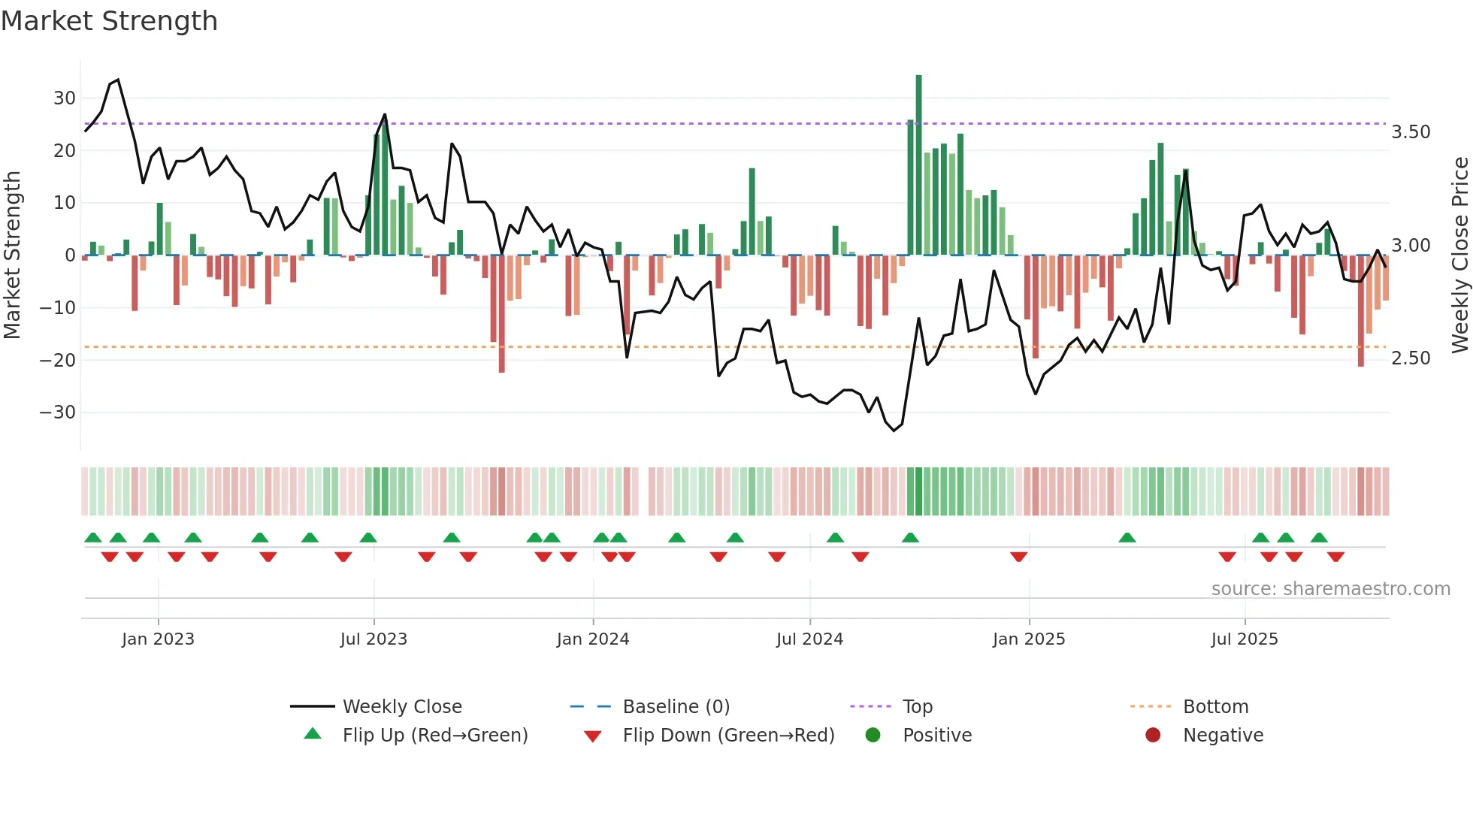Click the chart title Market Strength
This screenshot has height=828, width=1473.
click(x=109, y=21)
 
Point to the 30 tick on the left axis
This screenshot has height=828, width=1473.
click(x=64, y=98)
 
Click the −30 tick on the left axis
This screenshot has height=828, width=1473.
click(x=57, y=412)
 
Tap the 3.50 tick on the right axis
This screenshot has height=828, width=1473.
click(x=1411, y=132)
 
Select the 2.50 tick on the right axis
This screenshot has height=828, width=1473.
click(x=1411, y=358)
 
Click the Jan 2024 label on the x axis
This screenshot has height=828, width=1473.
click(x=592, y=639)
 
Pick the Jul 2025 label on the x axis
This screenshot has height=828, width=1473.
click(x=1244, y=639)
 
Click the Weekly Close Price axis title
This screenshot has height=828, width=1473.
click(x=1459, y=255)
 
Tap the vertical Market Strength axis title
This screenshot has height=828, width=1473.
click(x=13, y=255)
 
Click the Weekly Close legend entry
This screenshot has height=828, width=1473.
click(x=401, y=707)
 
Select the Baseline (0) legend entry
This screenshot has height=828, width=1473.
click(x=676, y=707)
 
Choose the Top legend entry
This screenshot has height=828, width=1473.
click(x=917, y=707)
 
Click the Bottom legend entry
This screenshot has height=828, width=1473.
click(x=1215, y=707)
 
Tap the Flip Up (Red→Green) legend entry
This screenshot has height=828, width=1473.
click(x=434, y=736)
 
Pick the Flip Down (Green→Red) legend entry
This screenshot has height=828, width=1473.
click(x=727, y=736)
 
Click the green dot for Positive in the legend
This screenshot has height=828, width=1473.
click(x=873, y=735)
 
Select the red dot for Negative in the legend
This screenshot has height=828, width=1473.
click(x=1153, y=735)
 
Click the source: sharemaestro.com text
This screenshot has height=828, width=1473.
click(x=1330, y=589)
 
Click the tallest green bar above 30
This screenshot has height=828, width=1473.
click(x=918, y=165)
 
